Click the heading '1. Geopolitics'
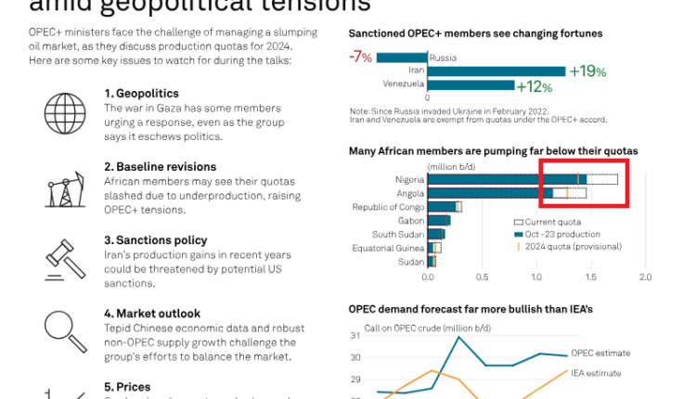click(141, 94)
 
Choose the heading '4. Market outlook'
click(152, 314)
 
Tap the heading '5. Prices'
click(127, 387)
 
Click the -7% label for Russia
click(360, 57)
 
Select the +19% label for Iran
click(587, 71)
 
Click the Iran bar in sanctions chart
click(496, 71)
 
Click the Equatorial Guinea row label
click(388, 248)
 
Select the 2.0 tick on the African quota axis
click(646, 277)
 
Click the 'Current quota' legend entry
click(553, 223)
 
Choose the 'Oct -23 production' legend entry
click(562, 235)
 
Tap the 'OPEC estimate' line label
click(600, 353)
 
